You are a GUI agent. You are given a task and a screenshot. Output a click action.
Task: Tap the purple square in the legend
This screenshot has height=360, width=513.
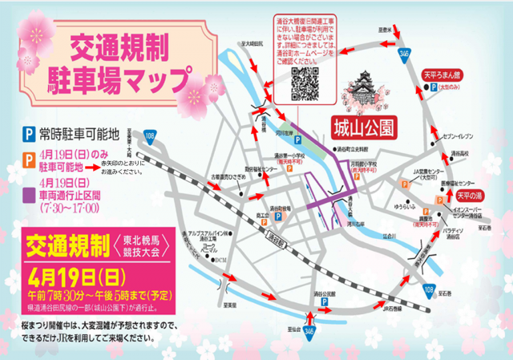tap(28, 192)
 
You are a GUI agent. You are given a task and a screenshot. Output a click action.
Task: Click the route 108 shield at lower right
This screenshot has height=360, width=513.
tap(429, 289)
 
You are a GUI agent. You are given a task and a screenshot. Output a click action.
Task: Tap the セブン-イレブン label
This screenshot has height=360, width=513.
tap(464, 137)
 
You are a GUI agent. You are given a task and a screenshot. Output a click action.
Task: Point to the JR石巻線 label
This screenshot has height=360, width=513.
tap(392, 307)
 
